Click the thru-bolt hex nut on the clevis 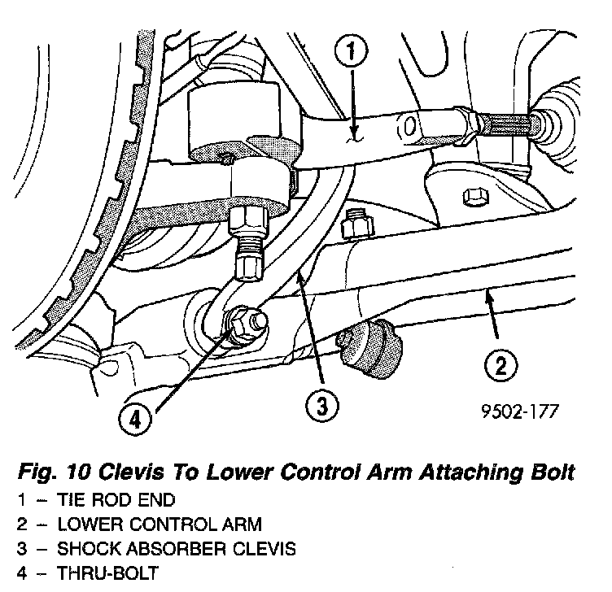click(x=242, y=324)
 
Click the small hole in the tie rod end click(x=414, y=125)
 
